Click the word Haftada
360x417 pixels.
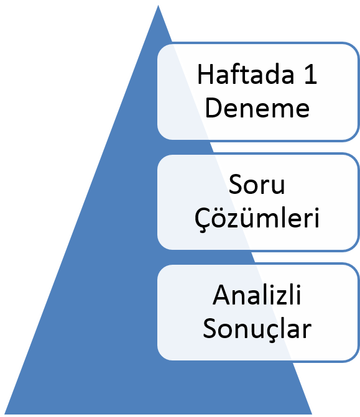[246, 74]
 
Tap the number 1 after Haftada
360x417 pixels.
[311, 75]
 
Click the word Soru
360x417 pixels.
[257, 185]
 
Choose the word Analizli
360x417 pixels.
[257, 295]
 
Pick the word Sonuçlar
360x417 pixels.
[257, 329]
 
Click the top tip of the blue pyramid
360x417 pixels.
[158, 5]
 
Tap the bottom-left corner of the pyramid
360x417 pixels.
[4, 414]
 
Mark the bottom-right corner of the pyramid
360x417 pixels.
[312, 414]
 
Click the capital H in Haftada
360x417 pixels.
[205, 75]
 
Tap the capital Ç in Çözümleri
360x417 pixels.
[203, 219]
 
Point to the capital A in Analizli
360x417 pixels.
[221, 295]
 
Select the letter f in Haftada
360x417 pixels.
[233, 74]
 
